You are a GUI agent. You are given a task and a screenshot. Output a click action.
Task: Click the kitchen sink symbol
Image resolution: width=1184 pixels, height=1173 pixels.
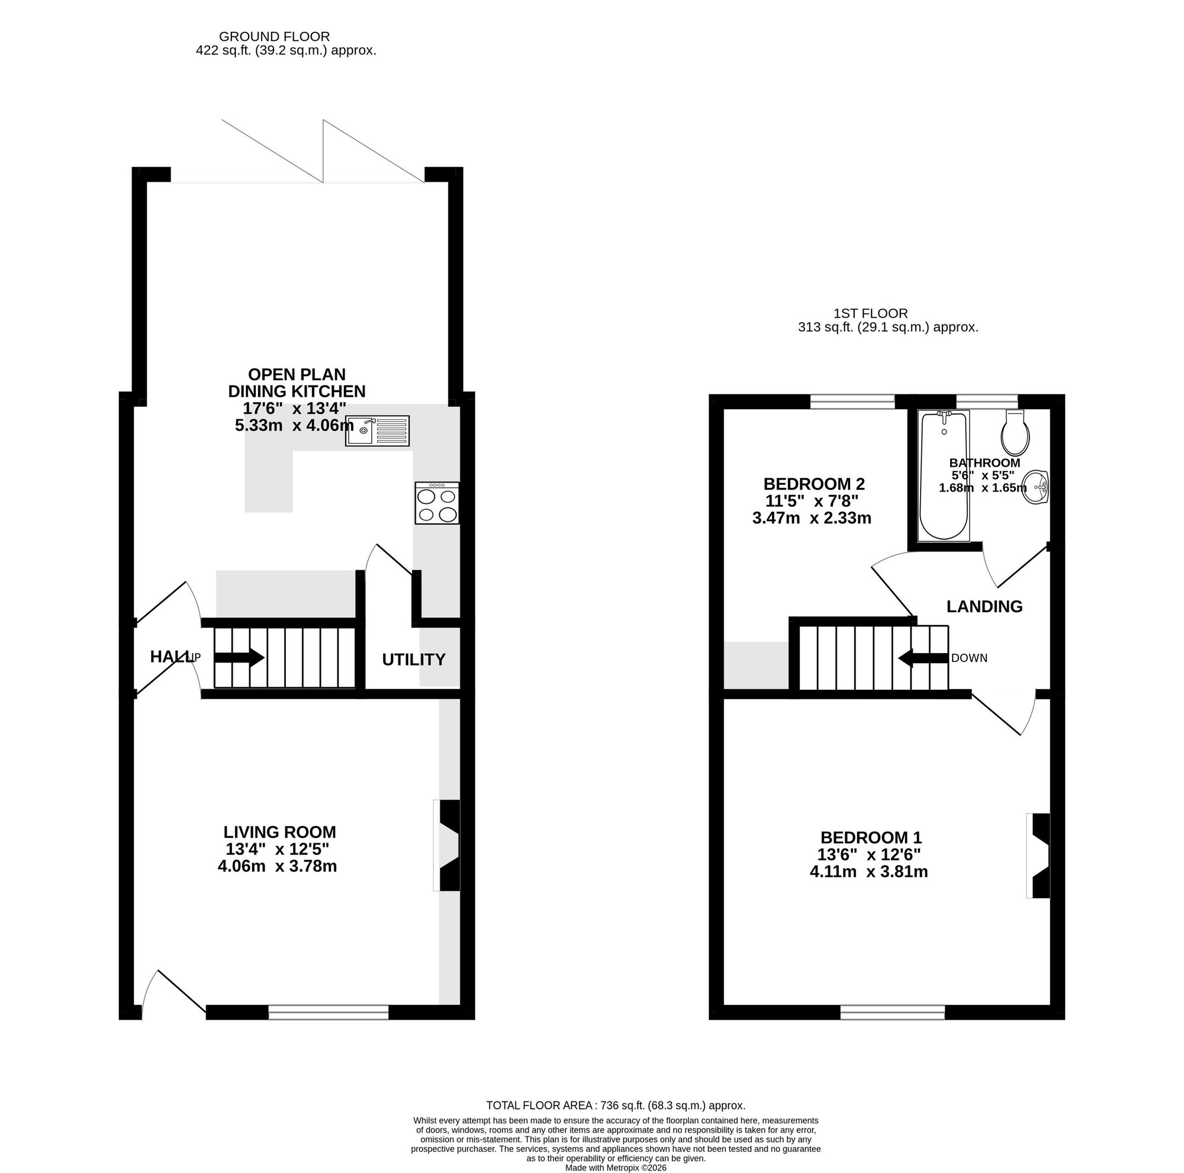click(x=377, y=430)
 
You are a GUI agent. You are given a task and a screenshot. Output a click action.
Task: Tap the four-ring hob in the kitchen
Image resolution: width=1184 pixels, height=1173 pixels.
click(x=437, y=503)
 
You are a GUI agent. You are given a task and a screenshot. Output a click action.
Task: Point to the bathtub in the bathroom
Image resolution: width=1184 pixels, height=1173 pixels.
click(x=944, y=476)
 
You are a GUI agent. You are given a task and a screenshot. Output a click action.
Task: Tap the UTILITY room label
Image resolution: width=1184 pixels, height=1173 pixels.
click(x=414, y=660)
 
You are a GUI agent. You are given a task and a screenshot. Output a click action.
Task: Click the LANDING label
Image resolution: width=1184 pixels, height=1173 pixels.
click(x=984, y=607)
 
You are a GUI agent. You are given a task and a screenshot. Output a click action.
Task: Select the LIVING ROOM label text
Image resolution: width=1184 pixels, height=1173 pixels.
click(x=279, y=833)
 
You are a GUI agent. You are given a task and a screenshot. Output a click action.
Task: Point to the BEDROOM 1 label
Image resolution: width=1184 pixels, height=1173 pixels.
click(x=871, y=837)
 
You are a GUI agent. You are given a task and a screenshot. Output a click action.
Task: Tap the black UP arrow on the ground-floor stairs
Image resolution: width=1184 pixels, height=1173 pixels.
click(x=239, y=658)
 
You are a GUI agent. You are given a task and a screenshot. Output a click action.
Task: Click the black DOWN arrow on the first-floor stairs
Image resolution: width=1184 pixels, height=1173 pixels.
click(x=924, y=658)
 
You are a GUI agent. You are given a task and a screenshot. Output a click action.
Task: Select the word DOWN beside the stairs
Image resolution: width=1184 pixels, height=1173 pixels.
click(x=970, y=658)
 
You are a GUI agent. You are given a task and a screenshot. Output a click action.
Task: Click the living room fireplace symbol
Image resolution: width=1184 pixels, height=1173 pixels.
click(x=448, y=845)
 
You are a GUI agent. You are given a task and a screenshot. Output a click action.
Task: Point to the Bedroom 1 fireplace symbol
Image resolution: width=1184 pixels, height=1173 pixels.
click(x=1039, y=856)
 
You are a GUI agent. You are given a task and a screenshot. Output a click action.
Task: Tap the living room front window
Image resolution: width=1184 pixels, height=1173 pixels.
click(x=329, y=1012)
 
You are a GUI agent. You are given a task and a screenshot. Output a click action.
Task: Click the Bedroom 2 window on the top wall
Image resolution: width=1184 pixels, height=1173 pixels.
click(x=852, y=401)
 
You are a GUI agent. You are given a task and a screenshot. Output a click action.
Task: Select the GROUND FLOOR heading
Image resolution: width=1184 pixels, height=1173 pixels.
click(x=275, y=37)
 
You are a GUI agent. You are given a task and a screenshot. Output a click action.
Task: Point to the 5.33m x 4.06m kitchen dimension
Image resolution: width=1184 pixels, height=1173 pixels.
click(x=294, y=425)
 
